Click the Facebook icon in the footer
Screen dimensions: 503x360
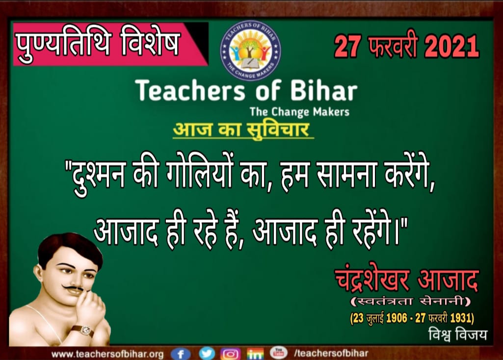click(181, 354)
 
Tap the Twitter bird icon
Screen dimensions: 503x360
click(207, 353)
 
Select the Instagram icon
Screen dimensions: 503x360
click(230, 354)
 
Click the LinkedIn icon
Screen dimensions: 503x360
click(255, 354)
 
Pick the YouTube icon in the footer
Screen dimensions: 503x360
click(278, 353)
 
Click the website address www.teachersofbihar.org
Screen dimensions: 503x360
click(107, 354)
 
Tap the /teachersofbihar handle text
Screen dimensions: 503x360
click(331, 353)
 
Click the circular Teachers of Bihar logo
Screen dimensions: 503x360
click(250, 51)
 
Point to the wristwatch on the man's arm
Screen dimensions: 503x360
click(83, 331)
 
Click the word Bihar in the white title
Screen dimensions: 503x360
click(324, 90)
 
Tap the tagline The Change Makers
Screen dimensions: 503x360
click(299, 112)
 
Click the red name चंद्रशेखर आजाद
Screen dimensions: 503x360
click(407, 280)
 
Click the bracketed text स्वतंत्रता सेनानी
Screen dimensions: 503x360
click(411, 302)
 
